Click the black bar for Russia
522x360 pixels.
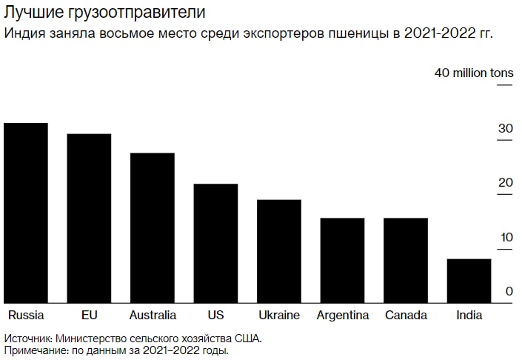point(26,213)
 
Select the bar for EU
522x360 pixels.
point(89,218)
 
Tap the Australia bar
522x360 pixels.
point(153,227)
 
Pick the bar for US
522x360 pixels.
point(215,243)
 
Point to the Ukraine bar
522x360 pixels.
point(279,251)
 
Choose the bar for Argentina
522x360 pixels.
point(342,260)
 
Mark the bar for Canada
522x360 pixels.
point(406,260)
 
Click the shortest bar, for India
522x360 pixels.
point(469,281)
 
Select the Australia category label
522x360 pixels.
point(153,316)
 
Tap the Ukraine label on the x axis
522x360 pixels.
point(279,316)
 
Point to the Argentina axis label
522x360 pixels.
point(343,316)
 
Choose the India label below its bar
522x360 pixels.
point(469,316)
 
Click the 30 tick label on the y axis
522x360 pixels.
point(505,129)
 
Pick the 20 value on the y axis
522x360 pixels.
point(505,183)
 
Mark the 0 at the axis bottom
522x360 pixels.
point(509,292)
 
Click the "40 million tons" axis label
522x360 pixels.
point(474,73)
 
